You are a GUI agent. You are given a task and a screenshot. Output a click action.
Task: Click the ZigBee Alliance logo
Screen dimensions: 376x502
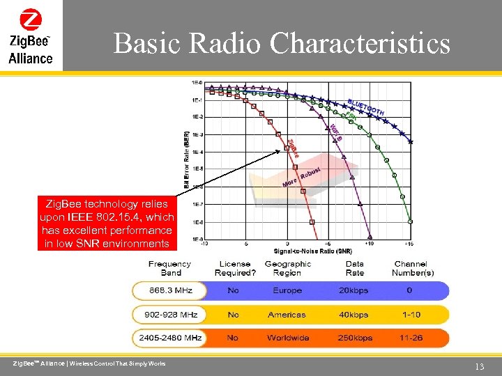click(x=31, y=36)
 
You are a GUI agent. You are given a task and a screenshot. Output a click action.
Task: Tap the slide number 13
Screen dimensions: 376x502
click(x=478, y=366)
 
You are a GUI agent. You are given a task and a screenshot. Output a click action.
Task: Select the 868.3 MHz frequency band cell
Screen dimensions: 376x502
click(x=169, y=290)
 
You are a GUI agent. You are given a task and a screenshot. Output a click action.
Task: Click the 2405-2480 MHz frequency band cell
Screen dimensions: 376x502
click(x=169, y=338)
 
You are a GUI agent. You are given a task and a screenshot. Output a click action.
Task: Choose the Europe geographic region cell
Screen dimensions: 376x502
click(x=287, y=290)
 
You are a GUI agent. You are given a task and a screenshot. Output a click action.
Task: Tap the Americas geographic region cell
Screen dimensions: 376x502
click(x=287, y=315)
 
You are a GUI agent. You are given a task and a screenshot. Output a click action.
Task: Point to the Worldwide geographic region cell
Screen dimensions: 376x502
click(x=288, y=338)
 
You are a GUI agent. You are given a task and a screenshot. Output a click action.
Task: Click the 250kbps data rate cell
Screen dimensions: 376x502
click(x=354, y=338)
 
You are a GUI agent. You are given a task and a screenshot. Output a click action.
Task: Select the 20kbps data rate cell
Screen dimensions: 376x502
click(x=354, y=290)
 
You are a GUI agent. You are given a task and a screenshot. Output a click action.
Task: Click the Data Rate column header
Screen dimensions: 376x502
click(x=354, y=268)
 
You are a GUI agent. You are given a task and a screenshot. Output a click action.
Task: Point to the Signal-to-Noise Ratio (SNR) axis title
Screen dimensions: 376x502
click(x=303, y=251)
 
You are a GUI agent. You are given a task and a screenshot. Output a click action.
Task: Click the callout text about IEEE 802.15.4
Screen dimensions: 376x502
click(x=107, y=224)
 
